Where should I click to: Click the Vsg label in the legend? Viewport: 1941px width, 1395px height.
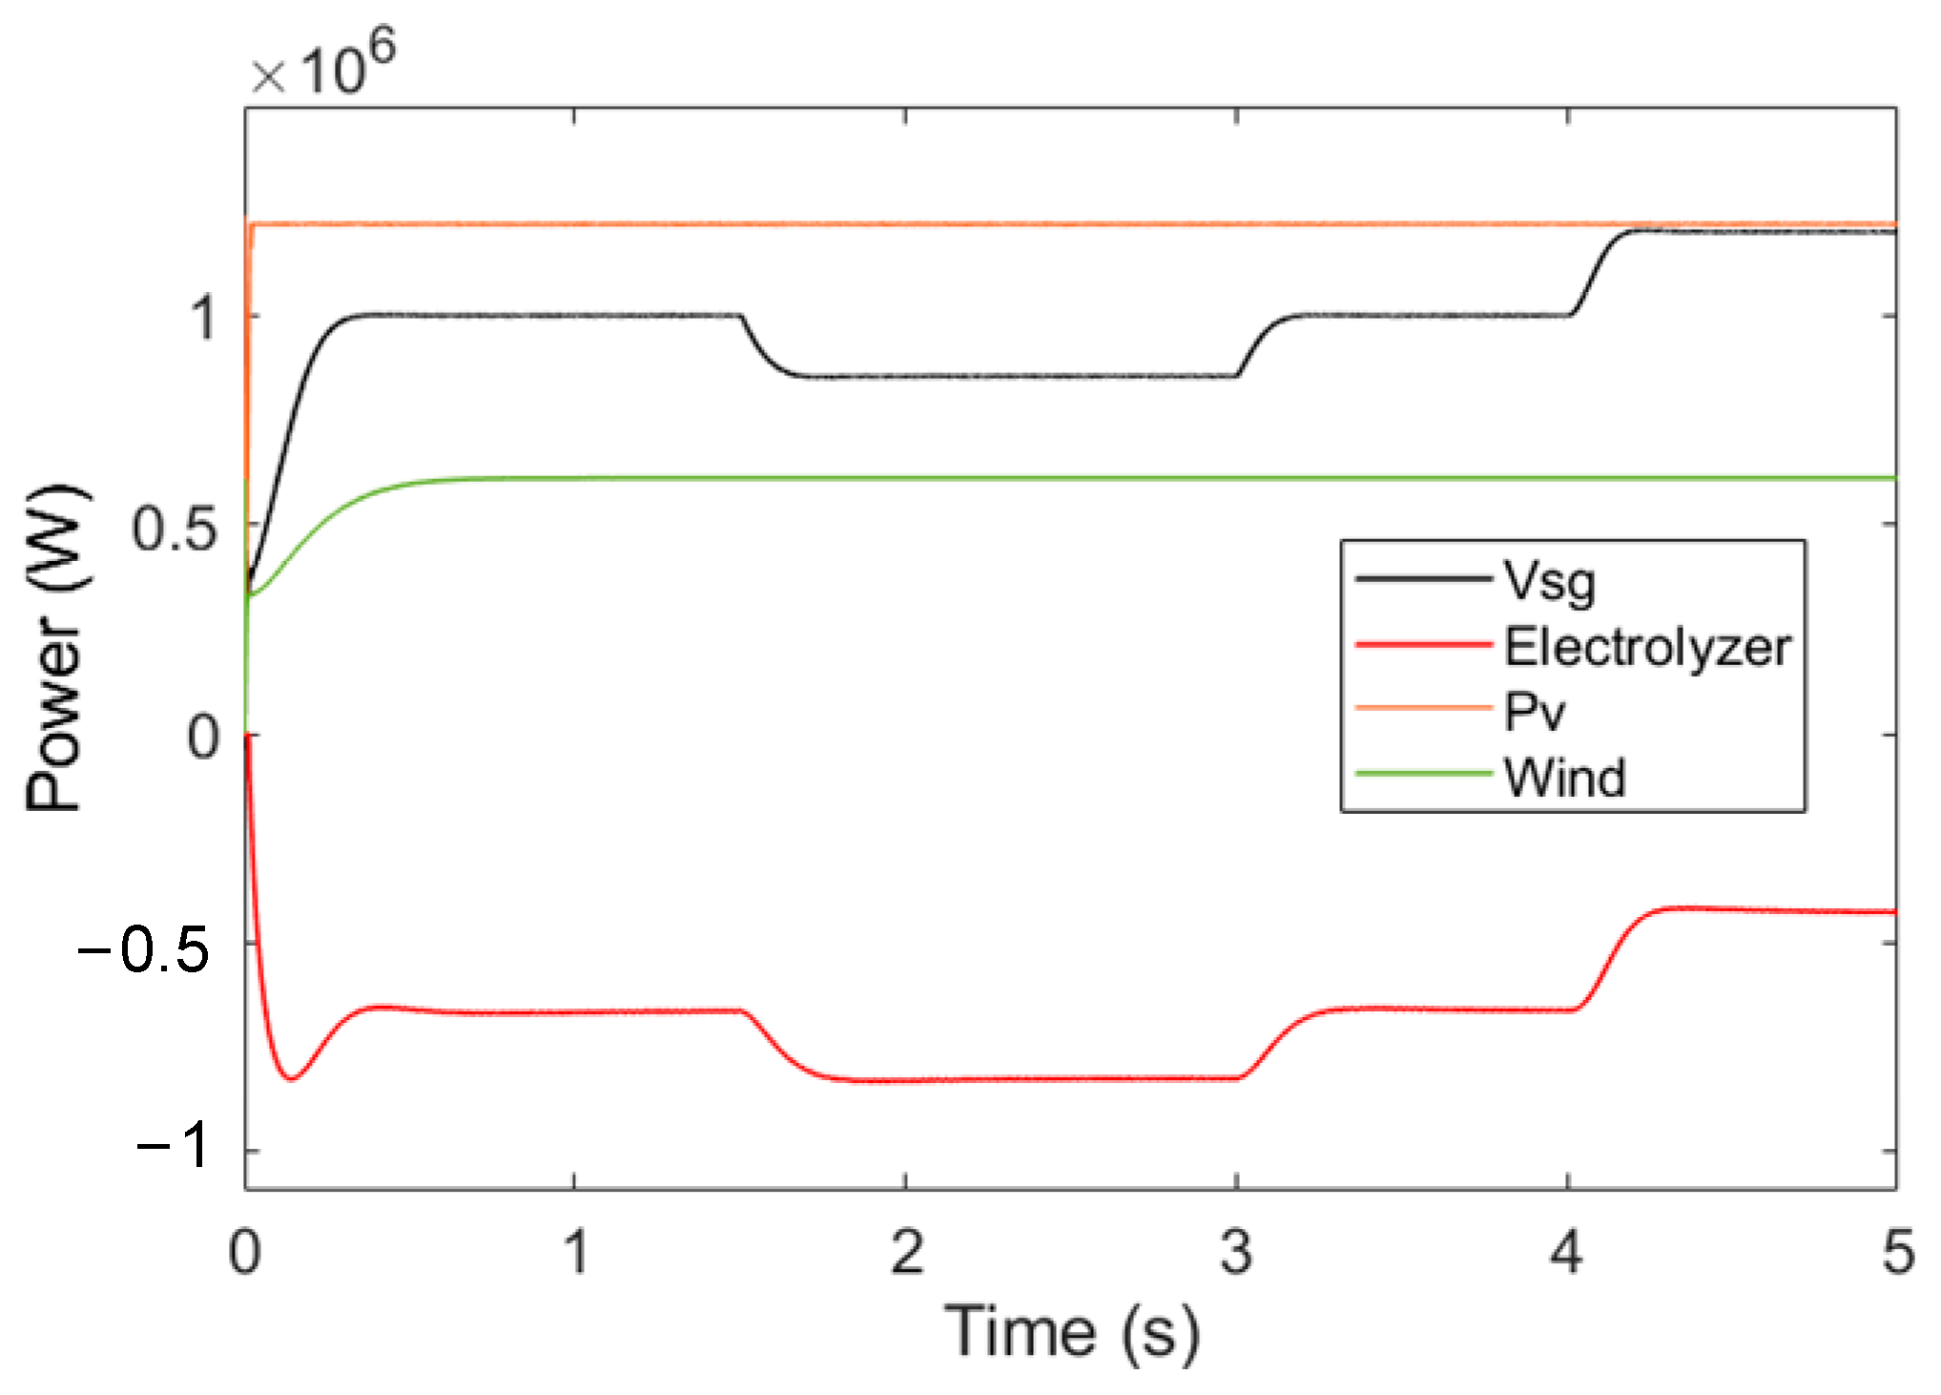coord(1549,581)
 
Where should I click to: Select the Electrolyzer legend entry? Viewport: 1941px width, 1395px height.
coord(1647,647)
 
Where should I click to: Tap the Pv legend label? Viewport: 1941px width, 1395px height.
coord(1534,712)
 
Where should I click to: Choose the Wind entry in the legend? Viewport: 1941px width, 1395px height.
coord(1564,777)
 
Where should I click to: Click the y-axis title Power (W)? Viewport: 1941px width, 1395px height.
coord(55,649)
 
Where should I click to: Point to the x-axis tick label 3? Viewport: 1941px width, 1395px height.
coord(1236,1252)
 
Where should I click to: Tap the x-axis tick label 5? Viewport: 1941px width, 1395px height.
coord(1897,1252)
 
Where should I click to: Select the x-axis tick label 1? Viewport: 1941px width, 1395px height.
coord(575,1252)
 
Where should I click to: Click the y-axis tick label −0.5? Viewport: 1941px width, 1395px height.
coord(143,950)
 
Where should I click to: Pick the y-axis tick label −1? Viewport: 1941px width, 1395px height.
coord(174,1144)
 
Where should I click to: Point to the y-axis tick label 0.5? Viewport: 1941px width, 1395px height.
coord(175,529)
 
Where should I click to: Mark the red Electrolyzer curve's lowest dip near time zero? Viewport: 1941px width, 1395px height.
coord(292,1078)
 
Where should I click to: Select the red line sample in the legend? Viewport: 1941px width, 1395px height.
coord(1422,646)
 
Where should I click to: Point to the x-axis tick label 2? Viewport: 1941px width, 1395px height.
coord(906,1252)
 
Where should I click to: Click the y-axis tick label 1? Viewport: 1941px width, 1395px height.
coord(203,318)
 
